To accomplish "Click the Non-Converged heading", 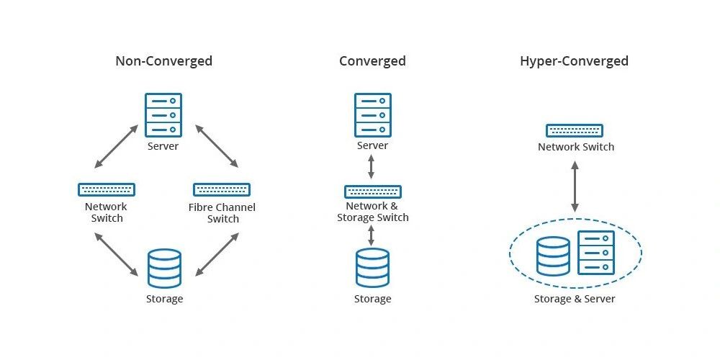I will pos(163,61).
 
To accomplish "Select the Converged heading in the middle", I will pos(372,61).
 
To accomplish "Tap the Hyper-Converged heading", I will pos(574,61).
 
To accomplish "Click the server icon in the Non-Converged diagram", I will pos(163,114).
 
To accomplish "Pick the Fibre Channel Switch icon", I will pos(222,189).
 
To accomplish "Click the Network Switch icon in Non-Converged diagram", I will pos(107,189).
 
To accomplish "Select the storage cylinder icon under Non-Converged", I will pos(164,269).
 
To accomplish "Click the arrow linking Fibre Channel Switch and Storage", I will pos(217,253).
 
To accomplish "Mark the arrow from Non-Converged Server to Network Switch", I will pos(115,146).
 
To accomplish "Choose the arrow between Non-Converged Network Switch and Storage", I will pos(115,253).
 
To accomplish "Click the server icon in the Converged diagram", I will pos(373,114).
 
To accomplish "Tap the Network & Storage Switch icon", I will pos(373,192).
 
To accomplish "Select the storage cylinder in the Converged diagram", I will pos(372,268).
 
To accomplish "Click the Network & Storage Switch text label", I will pos(373,212).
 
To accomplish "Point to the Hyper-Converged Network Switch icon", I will pos(575,130).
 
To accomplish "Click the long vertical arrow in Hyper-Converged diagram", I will pos(575,186).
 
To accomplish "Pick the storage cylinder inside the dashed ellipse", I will pos(553,257).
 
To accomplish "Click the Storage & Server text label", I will pos(575,299).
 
